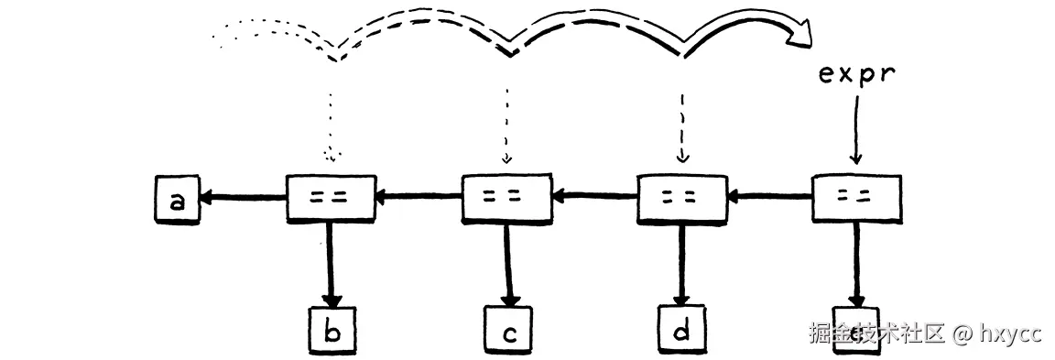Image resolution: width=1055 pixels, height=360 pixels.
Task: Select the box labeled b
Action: point(332,332)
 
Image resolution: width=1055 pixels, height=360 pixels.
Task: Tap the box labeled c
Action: point(506,332)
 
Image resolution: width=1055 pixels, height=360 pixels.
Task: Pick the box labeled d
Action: point(680,331)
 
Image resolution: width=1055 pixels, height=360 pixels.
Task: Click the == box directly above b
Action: point(331,196)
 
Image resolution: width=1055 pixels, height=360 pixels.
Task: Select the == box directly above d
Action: point(681,196)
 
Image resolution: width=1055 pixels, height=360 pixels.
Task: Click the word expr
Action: point(855,73)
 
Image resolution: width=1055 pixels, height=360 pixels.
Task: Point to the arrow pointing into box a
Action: point(243,195)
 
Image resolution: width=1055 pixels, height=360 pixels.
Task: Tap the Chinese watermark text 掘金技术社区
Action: point(876,333)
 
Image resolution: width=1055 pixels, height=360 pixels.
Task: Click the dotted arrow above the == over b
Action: point(331,119)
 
